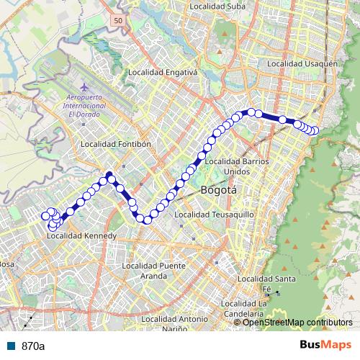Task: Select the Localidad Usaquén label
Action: pos(302,64)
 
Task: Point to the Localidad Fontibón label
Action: pos(116,144)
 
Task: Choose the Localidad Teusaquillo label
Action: pos(211,215)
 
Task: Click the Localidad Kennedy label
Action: pos(81,236)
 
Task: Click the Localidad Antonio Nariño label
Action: pos(175,323)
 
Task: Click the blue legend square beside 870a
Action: pos(12,346)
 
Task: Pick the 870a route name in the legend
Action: pos(33,346)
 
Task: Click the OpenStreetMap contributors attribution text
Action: pos(297,322)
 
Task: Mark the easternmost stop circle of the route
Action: pos(315,130)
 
